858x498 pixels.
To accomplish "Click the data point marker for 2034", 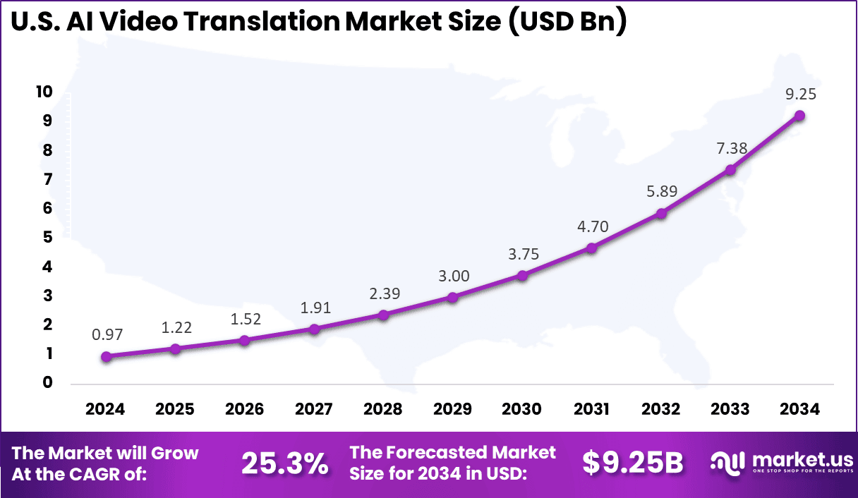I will coord(799,116).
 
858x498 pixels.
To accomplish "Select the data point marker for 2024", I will coord(106,357).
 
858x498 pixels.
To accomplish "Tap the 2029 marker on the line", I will coord(453,298).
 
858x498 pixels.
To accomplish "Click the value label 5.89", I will coord(661,192).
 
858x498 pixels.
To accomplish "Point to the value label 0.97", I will coord(106,336).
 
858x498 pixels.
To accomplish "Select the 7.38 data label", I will coord(730,148).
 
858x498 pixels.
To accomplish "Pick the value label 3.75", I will coord(522,255).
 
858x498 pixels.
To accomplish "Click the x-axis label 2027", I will coord(314,410).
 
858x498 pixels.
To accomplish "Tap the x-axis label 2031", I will coord(591,410).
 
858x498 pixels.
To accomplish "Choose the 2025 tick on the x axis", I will coord(175,410).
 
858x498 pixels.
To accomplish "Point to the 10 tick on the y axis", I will coord(44,92).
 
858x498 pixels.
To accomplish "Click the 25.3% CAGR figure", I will coord(284,463).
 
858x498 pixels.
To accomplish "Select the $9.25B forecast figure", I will coord(633,463).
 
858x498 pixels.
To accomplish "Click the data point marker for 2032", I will coord(661,213).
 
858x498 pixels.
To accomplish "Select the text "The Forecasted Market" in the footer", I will coord(452,452).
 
